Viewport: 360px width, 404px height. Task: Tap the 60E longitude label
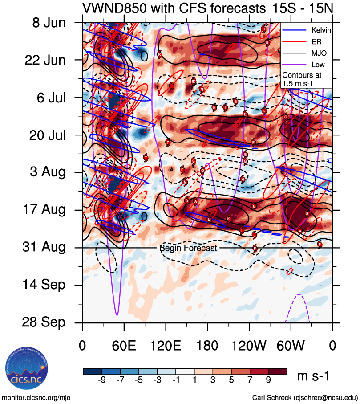click(x=124, y=345)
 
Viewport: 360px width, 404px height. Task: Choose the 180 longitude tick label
click(x=207, y=345)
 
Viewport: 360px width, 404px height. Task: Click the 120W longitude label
click(x=249, y=345)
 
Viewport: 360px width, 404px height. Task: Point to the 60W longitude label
click(x=291, y=345)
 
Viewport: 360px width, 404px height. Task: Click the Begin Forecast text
click(x=188, y=248)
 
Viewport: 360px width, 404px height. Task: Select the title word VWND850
click(x=113, y=8)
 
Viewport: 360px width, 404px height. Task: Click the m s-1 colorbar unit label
click(x=313, y=376)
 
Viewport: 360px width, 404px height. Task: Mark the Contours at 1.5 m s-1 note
click(x=303, y=79)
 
